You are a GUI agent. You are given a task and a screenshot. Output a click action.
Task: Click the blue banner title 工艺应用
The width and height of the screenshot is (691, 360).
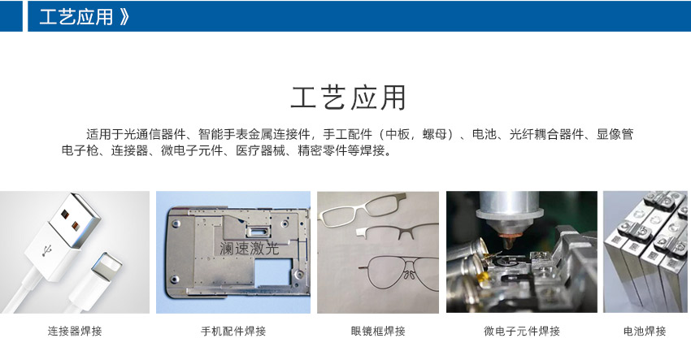pyautogui.click(x=76, y=17)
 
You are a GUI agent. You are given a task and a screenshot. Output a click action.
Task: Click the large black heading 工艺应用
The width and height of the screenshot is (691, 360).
pyautogui.click(x=348, y=98)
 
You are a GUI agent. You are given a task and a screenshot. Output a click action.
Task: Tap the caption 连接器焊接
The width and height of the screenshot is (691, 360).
pyautogui.click(x=75, y=331)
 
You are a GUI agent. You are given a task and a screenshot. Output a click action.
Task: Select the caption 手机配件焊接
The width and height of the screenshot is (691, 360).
pyautogui.click(x=233, y=331)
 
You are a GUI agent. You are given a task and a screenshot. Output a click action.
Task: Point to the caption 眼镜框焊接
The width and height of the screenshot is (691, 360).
pyautogui.click(x=378, y=331)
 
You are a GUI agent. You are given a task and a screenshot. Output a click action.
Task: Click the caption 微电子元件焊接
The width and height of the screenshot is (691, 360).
pyautogui.click(x=522, y=331)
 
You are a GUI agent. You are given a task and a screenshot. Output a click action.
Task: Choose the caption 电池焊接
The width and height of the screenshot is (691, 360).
pyautogui.click(x=645, y=331)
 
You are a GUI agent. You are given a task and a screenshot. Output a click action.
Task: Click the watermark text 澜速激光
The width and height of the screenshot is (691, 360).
pyautogui.click(x=250, y=249)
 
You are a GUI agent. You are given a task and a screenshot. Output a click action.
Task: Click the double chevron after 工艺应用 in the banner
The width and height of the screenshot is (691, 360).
pyautogui.click(x=124, y=17)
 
